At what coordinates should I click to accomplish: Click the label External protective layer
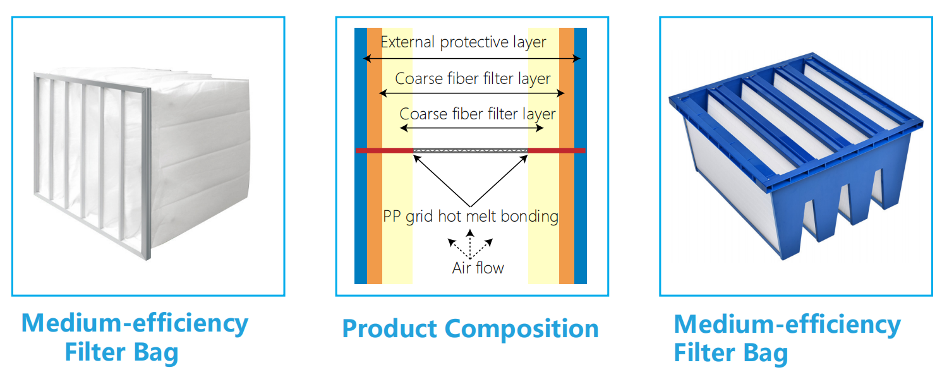click(463, 42)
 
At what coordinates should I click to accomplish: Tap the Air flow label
click(478, 268)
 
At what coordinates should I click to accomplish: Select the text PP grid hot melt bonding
click(471, 217)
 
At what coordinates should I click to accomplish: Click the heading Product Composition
click(470, 329)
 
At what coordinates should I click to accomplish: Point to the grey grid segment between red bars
click(470, 150)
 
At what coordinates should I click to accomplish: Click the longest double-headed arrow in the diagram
click(471, 59)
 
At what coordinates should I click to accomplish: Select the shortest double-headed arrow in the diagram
click(471, 128)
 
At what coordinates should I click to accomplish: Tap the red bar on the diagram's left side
click(383, 150)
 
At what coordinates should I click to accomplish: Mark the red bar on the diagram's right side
click(557, 150)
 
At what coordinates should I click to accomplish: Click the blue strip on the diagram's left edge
click(360, 189)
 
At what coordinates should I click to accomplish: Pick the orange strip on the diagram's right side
click(567, 189)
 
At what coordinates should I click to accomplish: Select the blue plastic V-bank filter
click(796, 158)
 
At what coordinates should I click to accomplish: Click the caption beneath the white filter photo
click(135, 337)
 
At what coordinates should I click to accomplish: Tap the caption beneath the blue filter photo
click(787, 337)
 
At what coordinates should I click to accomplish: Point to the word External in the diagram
click(408, 42)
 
